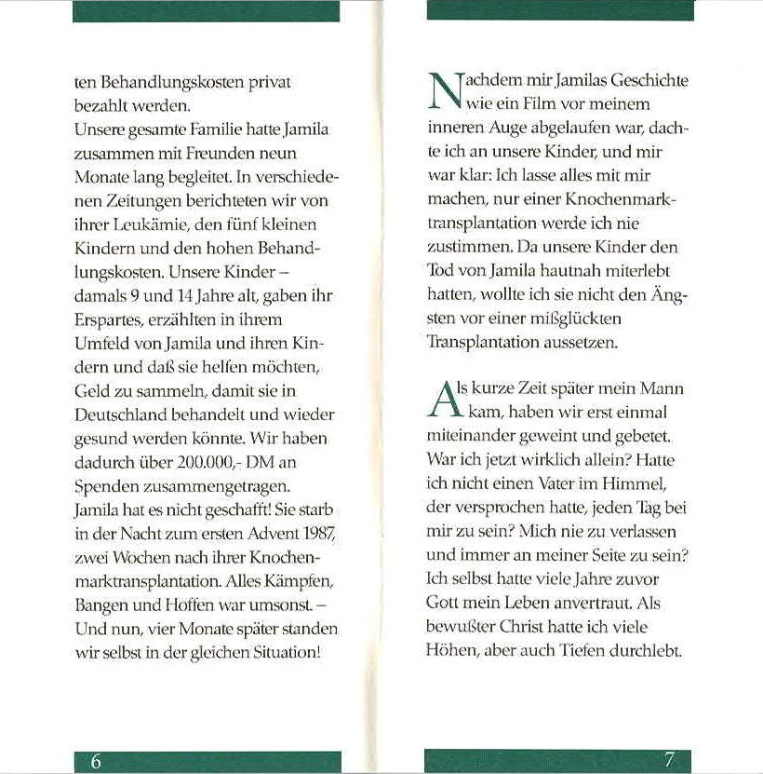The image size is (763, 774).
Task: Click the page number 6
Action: [96, 760]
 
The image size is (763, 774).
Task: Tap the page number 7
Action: [669, 759]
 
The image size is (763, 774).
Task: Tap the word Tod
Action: [440, 270]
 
